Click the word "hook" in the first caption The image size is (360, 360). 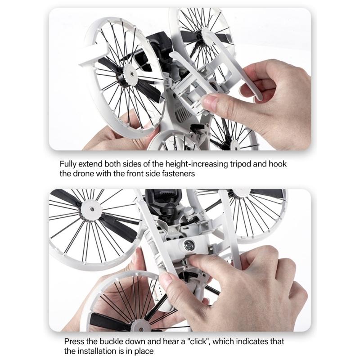(277, 164)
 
